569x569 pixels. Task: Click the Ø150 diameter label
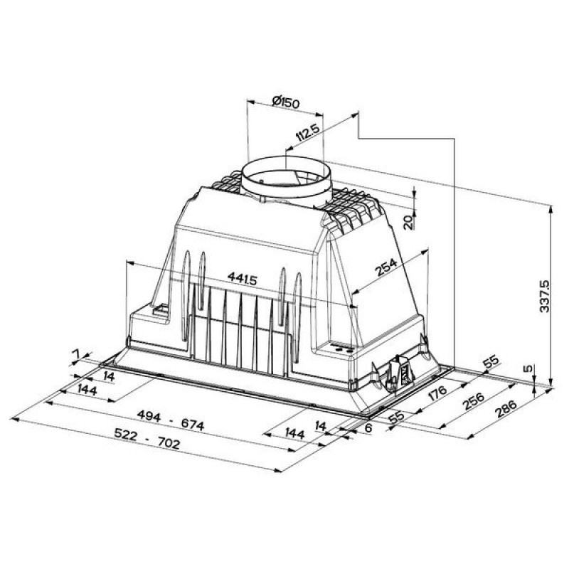coord(285,102)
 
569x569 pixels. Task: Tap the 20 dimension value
coord(408,221)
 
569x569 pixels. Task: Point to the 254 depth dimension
coord(385,269)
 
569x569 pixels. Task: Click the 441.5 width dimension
coord(242,278)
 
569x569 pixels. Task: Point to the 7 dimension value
coord(77,353)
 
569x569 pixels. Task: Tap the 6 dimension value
coord(368,427)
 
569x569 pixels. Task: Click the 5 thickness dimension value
coord(526,369)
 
